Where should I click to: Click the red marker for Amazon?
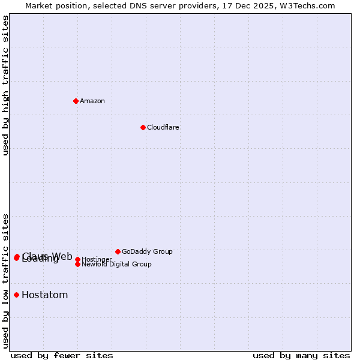tap(76, 101)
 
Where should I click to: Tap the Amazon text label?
tap(92, 101)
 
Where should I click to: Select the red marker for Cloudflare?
tap(143, 127)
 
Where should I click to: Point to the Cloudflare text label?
tap(163, 127)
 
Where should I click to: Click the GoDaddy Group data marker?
tap(118, 251)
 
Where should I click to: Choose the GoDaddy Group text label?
tap(147, 251)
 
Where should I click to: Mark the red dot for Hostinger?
tap(77, 259)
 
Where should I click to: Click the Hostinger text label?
tap(97, 259)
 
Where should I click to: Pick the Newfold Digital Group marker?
tap(77, 264)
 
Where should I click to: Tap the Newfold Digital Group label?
tap(116, 264)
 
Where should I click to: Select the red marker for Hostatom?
tap(16, 295)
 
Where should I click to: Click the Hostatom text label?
tap(45, 295)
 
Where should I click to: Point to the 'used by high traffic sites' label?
tap(6, 85)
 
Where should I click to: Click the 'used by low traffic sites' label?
tap(6, 281)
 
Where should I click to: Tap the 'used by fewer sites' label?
tap(62, 356)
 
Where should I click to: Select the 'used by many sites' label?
tap(301, 356)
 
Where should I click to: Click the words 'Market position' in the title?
tap(52, 5)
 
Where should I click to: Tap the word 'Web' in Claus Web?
tap(62, 256)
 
